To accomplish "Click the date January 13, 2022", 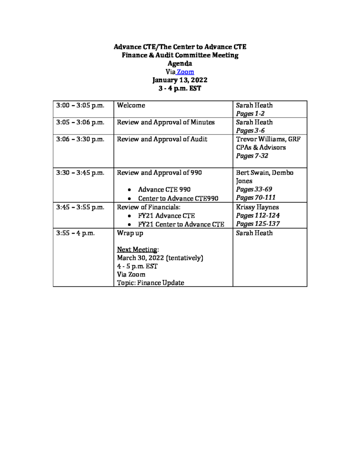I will pyautogui.click(x=180, y=80).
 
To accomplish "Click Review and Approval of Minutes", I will pyautogui.click(x=165, y=122).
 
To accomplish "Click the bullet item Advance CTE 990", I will pyautogui.click(x=164, y=190).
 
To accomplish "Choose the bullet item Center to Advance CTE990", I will pyautogui.click(x=178, y=198).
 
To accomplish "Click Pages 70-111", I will pyautogui.click(x=256, y=198).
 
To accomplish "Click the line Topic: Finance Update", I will pyautogui.click(x=150, y=283).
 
